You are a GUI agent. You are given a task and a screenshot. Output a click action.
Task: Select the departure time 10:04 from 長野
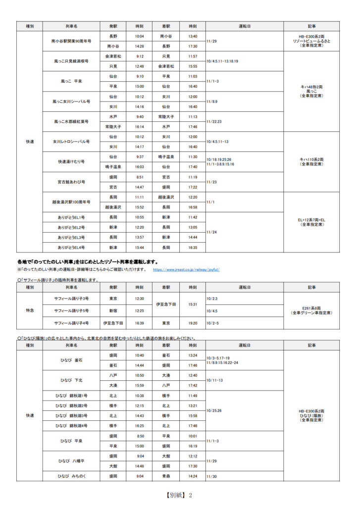click(139, 36)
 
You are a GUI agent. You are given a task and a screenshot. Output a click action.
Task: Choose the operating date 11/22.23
click(215, 122)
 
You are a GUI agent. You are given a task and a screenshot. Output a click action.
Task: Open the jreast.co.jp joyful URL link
click(186, 270)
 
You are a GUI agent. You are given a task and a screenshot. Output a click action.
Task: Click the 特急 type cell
click(30, 310)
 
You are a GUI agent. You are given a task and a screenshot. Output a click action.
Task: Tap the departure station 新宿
click(113, 310)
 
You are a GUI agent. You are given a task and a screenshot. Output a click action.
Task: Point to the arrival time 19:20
click(193, 323)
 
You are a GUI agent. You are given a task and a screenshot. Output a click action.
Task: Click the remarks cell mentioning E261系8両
click(311, 310)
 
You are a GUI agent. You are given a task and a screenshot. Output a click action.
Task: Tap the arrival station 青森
click(166, 476)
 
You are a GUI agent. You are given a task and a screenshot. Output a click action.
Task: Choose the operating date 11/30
click(211, 476)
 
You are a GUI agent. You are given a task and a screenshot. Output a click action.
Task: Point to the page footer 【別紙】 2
click(179, 495)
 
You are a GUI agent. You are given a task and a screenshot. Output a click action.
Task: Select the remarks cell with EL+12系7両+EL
click(311, 222)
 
